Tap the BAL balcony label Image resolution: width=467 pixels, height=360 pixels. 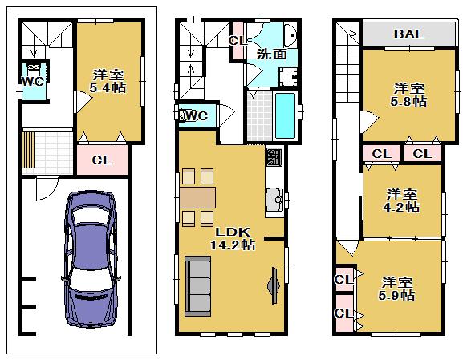408,34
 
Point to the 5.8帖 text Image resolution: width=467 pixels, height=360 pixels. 408,95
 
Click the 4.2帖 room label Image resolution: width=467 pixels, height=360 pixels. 402,200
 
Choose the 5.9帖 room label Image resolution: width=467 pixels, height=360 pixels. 397,289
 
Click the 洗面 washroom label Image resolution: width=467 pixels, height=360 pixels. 267,55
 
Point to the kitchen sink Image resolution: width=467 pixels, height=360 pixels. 274,197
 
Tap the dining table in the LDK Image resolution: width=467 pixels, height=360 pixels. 197,197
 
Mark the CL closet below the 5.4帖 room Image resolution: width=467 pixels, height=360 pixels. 101,160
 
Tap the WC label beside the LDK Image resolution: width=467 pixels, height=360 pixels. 197,116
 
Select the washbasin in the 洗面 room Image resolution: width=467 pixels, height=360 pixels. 290,35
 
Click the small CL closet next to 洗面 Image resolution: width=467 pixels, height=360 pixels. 237,41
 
